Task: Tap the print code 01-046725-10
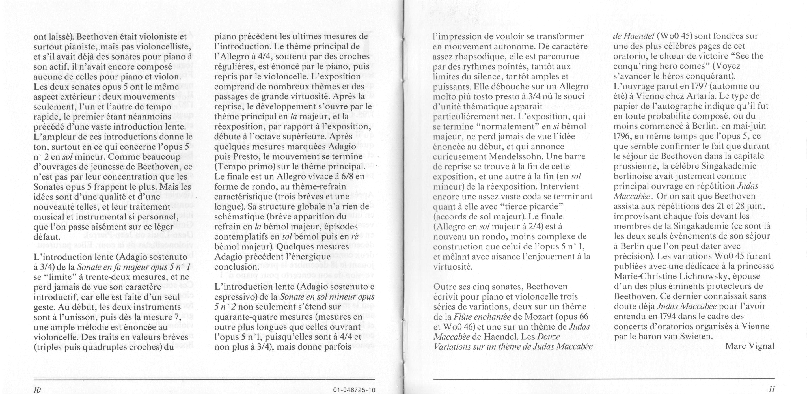(354, 390)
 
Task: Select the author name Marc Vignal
(750, 346)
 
